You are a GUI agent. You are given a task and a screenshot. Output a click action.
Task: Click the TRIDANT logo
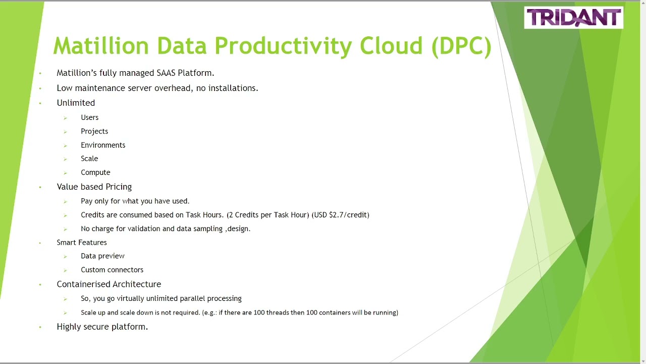pyautogui.click(x=573, y=18)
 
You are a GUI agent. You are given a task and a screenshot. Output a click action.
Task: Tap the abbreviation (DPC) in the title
pyautogui.click(x=461, y=45)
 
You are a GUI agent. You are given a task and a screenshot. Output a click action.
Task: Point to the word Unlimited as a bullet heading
pyautogui.click(x=76, y=103)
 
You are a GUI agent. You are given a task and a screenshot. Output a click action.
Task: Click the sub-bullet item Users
pyautogui.click(x=89, y=117)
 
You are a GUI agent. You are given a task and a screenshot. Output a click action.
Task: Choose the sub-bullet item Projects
pyautogui.click(x=94, y=131)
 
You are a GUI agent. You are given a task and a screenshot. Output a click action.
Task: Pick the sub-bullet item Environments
pyautogui.click(x=103, y=145)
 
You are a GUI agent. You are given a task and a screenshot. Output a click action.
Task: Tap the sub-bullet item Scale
pyautogui.click(x=89, y=159)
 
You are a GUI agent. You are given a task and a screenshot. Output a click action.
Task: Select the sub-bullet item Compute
pyautogui.click(x=95, y=172)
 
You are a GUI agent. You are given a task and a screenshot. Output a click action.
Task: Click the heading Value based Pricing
pyautogui.click(x=94, y=187)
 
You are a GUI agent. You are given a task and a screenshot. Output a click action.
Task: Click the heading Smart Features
pyautogui.click(x=82, y=243)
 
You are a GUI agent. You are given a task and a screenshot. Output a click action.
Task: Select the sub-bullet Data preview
pyautogui.click(x=102, y=256)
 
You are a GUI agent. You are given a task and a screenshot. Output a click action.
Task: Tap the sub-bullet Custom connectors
pyautogui.click(x=112, y=270)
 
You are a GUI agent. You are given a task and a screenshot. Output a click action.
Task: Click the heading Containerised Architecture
pyautogui.click(x=109, y=284)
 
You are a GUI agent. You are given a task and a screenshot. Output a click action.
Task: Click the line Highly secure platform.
pyautogui.click(x=102, y=327)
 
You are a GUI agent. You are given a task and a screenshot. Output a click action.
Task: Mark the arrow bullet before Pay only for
pyautogui.click(x=65, y=202)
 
